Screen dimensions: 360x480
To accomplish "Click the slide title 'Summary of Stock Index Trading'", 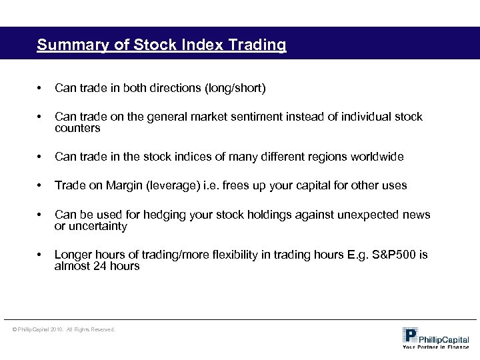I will click(x=162, y=45).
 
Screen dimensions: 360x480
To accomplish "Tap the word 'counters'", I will click(x=77, y=128).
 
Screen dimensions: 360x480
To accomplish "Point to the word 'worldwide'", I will click(x=377, y=157).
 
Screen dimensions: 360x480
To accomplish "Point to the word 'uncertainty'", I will click(x=97, y=226).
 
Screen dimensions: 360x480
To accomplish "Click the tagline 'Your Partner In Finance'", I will click(x=435, y=347).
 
